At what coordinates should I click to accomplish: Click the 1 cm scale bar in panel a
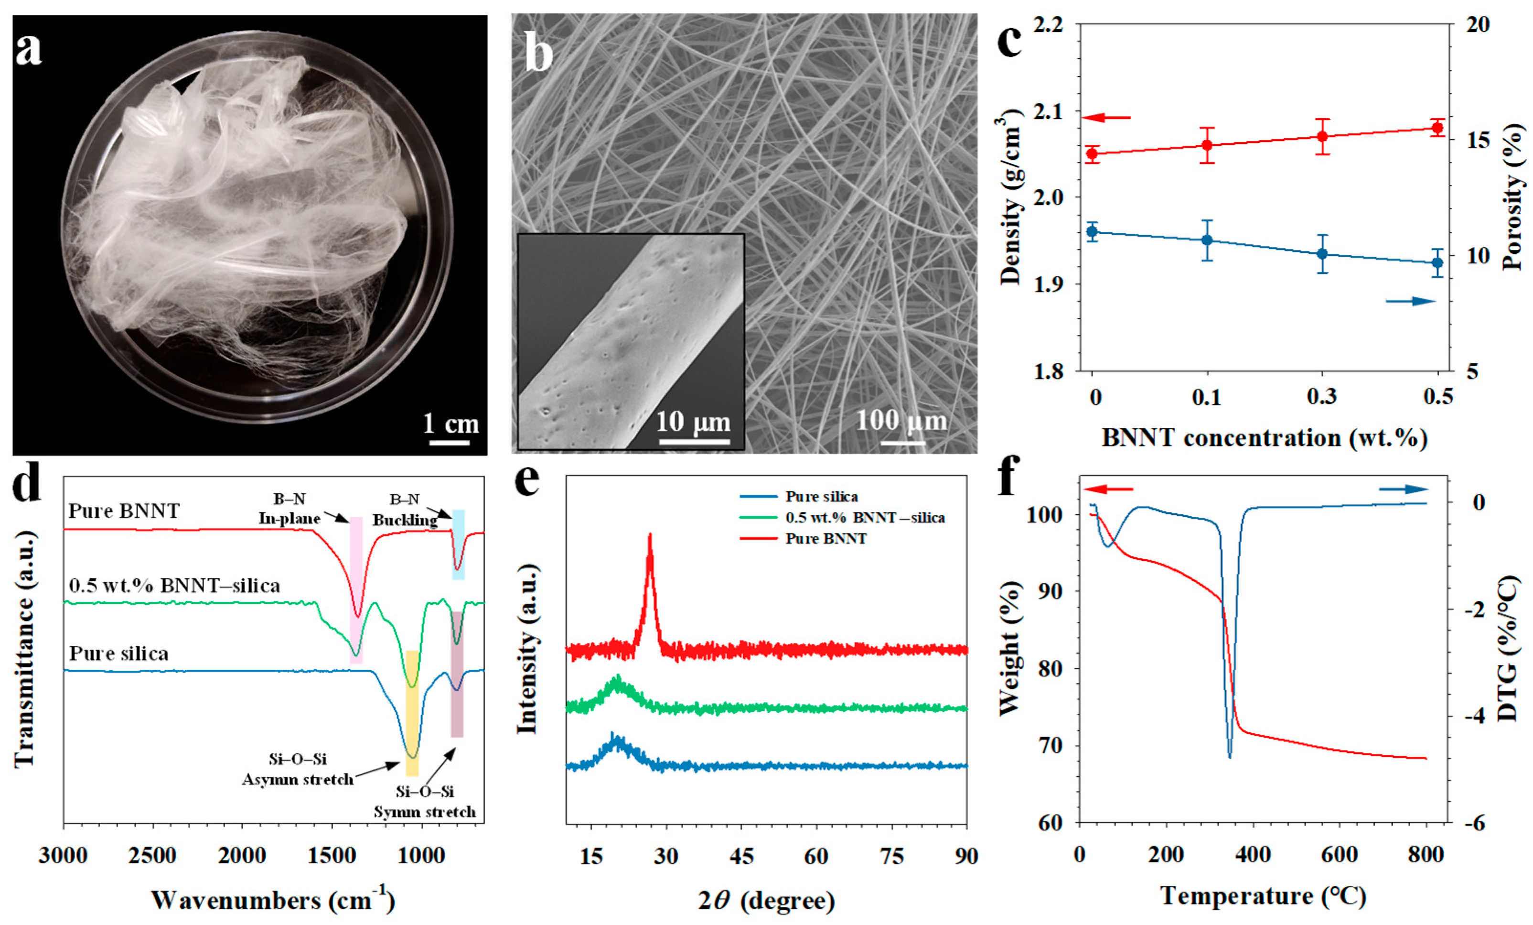coord(449,443)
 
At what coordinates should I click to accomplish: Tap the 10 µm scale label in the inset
coord(693,423)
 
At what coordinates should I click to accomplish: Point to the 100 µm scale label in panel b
coord(901,421)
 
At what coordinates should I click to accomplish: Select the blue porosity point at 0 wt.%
coord(1092,231)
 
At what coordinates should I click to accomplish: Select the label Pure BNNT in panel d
coord(124,511)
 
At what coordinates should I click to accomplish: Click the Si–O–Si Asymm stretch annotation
coord(298,769)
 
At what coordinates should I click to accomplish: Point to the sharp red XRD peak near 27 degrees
coord(650,536)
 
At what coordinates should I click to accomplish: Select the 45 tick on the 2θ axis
coord(741,857)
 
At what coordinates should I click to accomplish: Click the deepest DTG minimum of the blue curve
coord(1229,756)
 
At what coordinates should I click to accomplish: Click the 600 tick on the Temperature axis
coord(1339,854)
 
